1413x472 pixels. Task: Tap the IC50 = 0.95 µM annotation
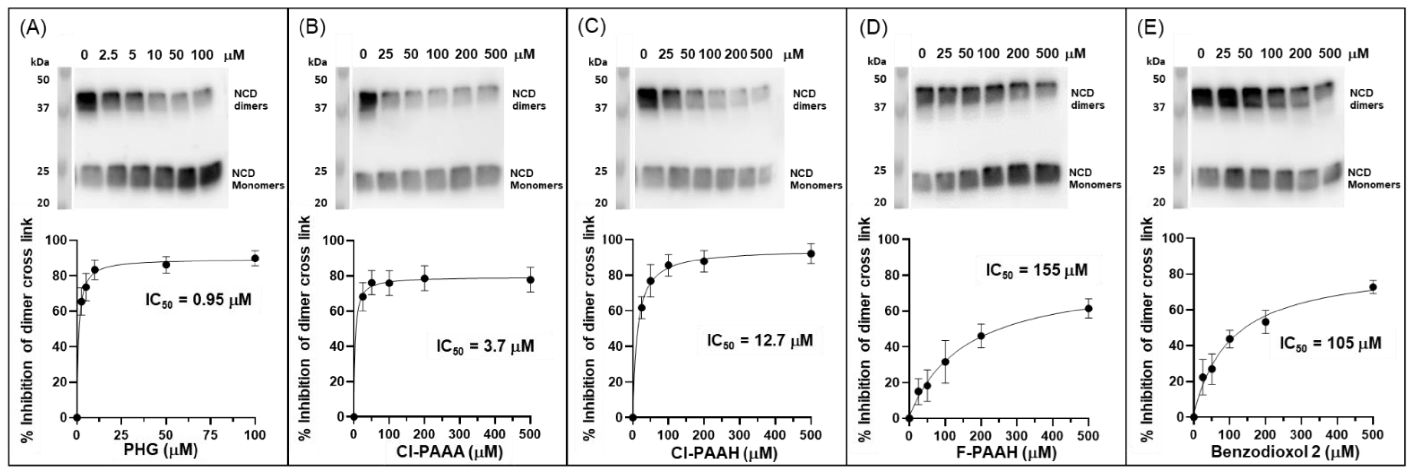point(198,300)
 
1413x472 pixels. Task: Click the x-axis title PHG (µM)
point(160,451)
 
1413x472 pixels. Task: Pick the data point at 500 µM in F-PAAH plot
point(1088,309)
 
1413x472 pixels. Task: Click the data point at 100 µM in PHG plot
point(254,258)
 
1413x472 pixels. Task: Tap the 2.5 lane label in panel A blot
point(108,55)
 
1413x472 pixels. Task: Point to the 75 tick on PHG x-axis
point(210,435)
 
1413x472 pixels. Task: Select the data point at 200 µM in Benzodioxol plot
point(1265,322)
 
